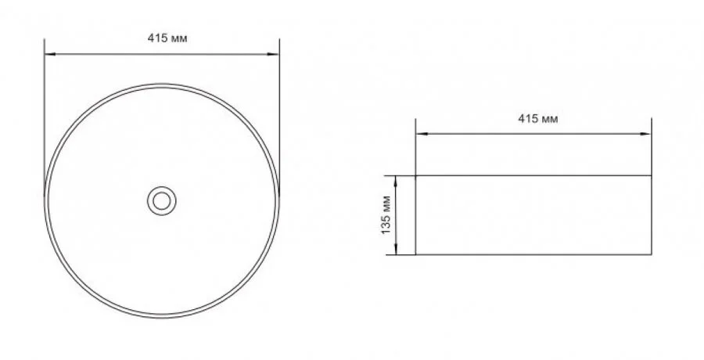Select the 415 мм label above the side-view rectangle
point(537,119)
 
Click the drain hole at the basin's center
point(162,200)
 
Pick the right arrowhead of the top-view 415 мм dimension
point(276,54)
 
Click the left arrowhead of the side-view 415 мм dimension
point(418,134)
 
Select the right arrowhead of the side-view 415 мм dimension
point(648,134)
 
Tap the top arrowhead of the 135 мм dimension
point(398,179)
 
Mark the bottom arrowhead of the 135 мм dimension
point(398,251)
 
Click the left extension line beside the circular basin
point(44,117)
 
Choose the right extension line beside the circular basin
point(279,117)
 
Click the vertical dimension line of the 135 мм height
point(398,215)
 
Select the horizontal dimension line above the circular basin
point(162,54)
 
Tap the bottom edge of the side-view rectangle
point(532,255)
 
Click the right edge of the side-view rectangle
point(651,215)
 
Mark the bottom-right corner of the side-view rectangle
point(651,255)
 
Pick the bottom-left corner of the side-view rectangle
point(415,255)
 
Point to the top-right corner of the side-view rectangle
point(651,175)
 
